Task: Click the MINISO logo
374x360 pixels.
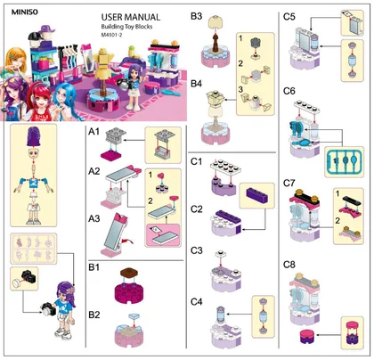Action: tap(25, 12)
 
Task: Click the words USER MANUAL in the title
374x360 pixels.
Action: tap(131, 17)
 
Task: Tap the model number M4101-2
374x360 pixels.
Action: tap(111, 35)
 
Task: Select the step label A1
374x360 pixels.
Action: tap(93, 131)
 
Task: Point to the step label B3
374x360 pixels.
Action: tap(196, 16)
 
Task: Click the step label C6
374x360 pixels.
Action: tap(289, 91)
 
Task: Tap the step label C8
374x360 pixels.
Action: tap(289, 265)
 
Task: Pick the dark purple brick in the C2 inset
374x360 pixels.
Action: tap(257, 195)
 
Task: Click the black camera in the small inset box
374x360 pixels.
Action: tap(28, 276)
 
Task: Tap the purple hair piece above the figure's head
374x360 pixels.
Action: tap(35, 136)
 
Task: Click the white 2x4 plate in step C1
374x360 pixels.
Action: tap(225, 167)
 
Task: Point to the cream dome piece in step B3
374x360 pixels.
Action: tap(215, 22)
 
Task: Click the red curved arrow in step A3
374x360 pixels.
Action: tap(126, 240)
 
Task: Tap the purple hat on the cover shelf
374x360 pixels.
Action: tap(47, 29)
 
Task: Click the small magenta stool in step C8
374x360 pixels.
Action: tap(306, 336)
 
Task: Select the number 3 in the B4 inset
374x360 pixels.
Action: tap(240, 89)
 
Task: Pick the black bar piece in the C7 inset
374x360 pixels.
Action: tap(352, 200)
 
